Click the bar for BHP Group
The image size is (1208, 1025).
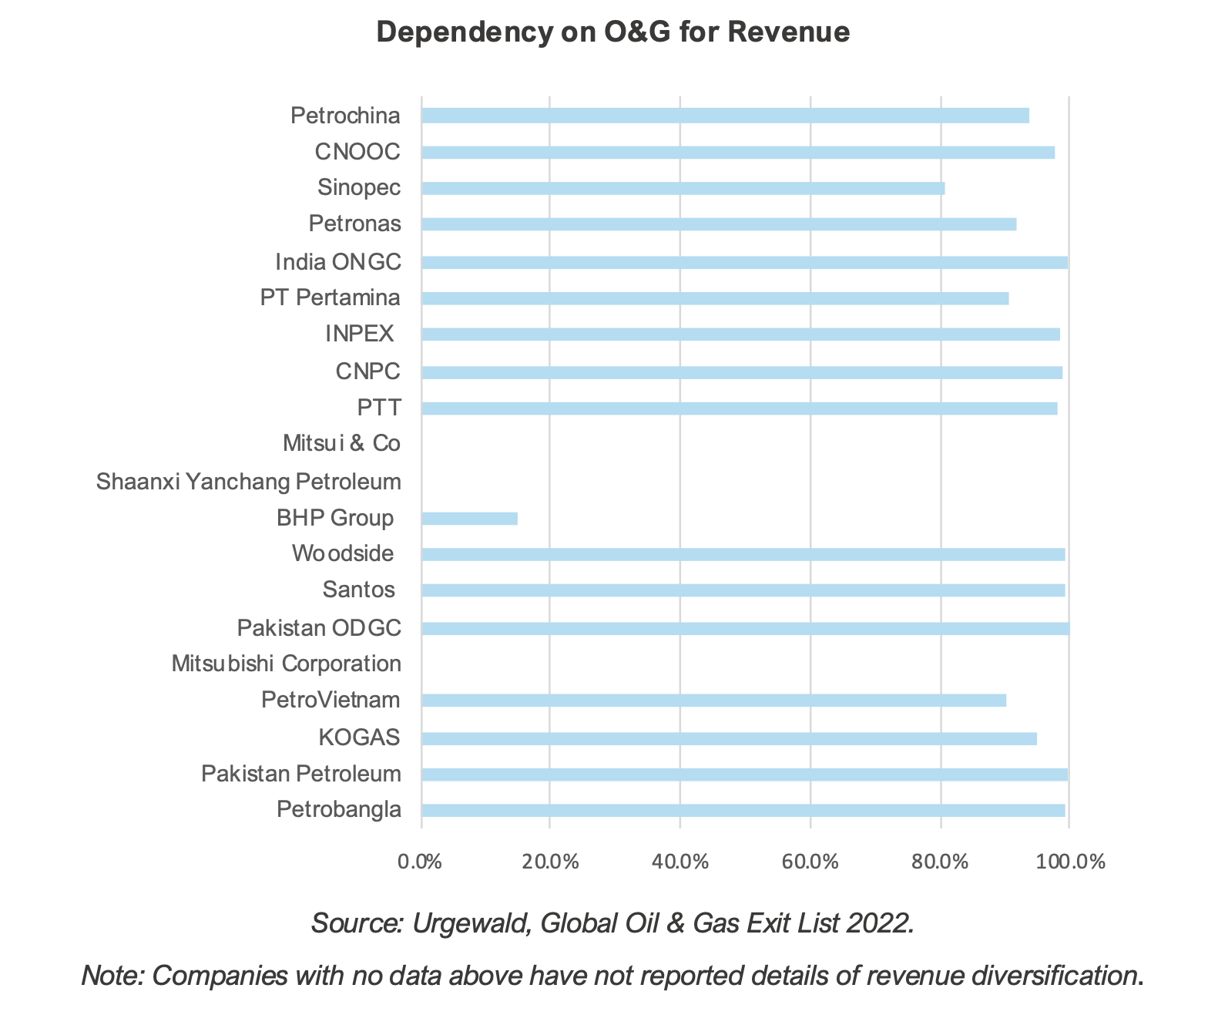pyautogui.click(x=469, y=518)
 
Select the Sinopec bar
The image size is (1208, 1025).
pyautogui.click(x=683, y=188)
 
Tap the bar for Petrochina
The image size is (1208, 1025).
pyautogui.click(x=725, y=116)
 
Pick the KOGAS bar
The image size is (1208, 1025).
pyautogui.click(x=729, y=738)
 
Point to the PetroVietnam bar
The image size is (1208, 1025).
pyautogui.click(x=713, y=700)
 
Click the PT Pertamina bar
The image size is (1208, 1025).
pyautogui.click(x=715, y=298)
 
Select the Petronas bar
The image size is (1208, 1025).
pyautogui.click(x=719, y=224)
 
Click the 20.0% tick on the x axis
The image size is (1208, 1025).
pyautogui.click(x=550, y=862)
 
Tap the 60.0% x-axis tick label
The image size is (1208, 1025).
pyautogui.click(x=810, y=862)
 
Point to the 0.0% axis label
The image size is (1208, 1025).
pyautogui.click(x=419, y=862)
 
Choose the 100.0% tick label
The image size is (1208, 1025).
pyautogui.click(x=1069, y=862)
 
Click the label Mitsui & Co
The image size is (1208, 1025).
pyautogui.click(x=341, y=444)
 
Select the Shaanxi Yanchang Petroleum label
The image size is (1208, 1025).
pyautogui.click(x=249, y=482)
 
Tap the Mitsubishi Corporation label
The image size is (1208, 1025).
pyautogui.click(x=286, y=664)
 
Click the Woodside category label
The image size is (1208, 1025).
pyautogui.click(x=343, y=553)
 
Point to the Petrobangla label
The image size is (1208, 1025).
pyautogui.click(x=339, y=810)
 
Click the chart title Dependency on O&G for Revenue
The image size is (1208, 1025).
pyautogui.click(x=613, y=32)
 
